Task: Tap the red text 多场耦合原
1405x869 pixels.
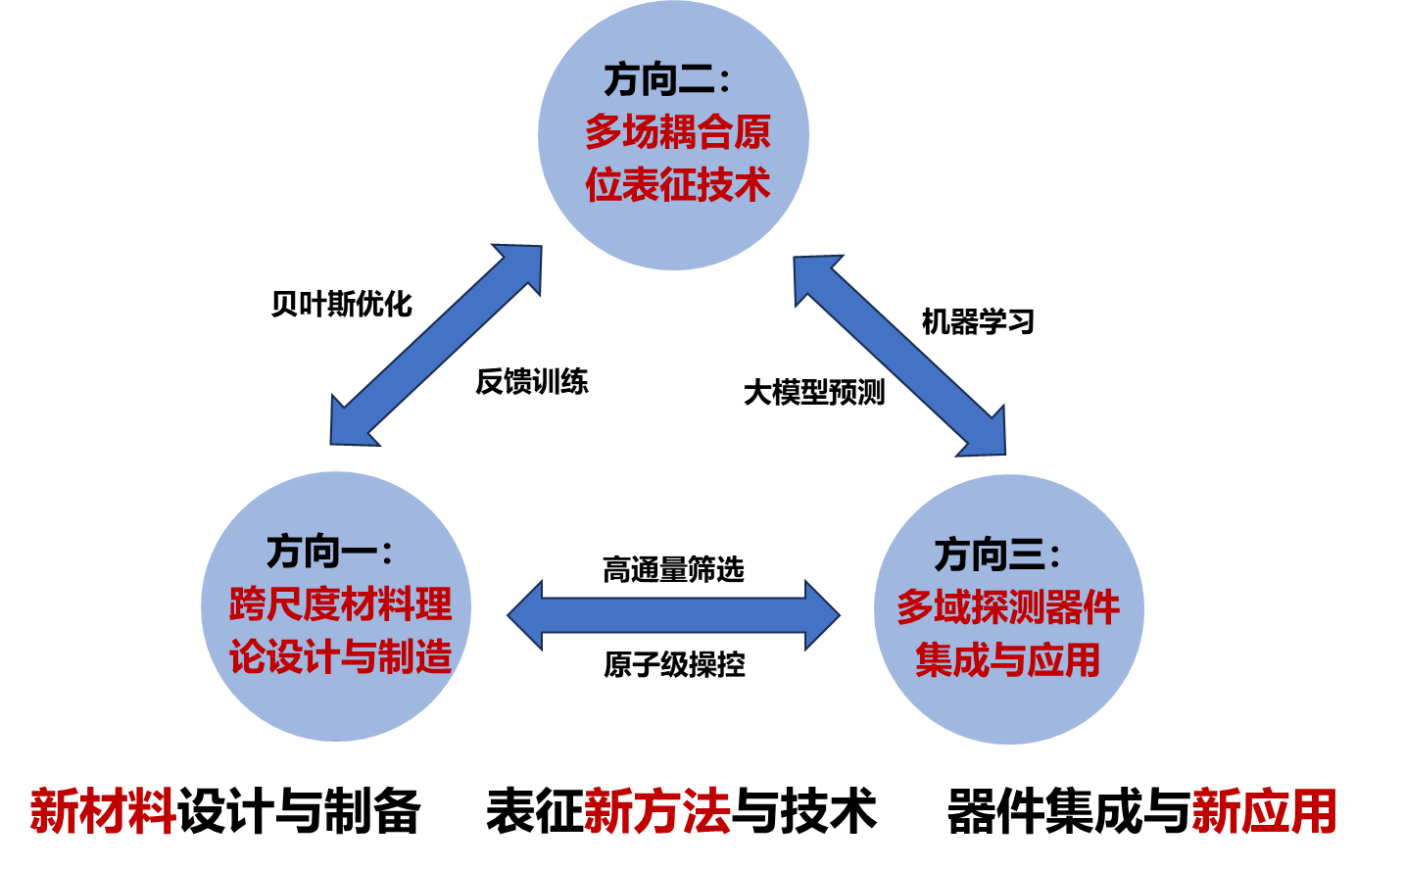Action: pos(678,132)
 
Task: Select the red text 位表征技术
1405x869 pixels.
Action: pos(678,184)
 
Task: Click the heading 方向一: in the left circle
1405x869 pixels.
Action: pos(329,553)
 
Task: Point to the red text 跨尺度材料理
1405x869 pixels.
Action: pos(340,604)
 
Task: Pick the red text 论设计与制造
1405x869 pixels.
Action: pos(340,656)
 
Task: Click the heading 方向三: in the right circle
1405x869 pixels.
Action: pos(996,555)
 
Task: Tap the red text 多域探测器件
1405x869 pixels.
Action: pos(1008,607)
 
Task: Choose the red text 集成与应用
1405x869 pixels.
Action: pos(1008,659)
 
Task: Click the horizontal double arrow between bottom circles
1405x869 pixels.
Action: pos(674,615)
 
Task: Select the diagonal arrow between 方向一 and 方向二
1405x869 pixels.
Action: pos(436,345)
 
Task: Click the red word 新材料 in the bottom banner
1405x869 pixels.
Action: pos(103,811)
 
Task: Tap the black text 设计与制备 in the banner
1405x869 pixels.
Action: pos(299,811)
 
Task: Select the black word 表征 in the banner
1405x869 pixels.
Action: pos(534,811)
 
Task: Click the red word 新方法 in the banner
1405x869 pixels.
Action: pos(656,811)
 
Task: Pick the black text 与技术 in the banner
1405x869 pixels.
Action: pos(803,811)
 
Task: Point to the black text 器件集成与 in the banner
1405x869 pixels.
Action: pos(1069,811)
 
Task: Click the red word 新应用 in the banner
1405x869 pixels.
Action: pos(1265,811)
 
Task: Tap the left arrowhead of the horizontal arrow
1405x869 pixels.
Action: pos(526,615)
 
